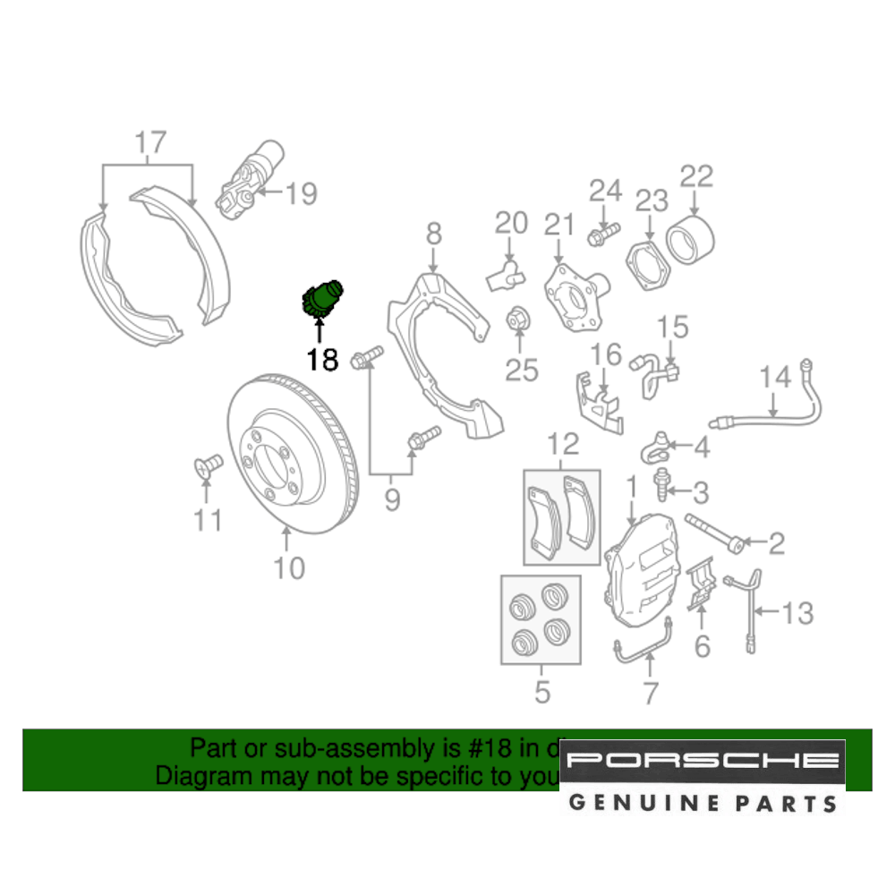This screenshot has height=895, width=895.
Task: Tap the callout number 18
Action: coord(322,360)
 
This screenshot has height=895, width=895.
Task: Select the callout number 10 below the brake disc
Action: coord(288,567)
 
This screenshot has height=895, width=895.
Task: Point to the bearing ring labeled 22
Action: coord(690,239)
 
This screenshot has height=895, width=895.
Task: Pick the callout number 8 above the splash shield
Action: coord(433,234)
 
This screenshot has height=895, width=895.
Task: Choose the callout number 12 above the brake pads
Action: coord(564,444)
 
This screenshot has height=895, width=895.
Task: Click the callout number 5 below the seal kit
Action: coord(541,692)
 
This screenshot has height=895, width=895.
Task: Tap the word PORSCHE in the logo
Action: coord(703,761)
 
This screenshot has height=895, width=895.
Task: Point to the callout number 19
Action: coord(302,193)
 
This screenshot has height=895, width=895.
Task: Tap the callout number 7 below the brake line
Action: coord(651,693)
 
